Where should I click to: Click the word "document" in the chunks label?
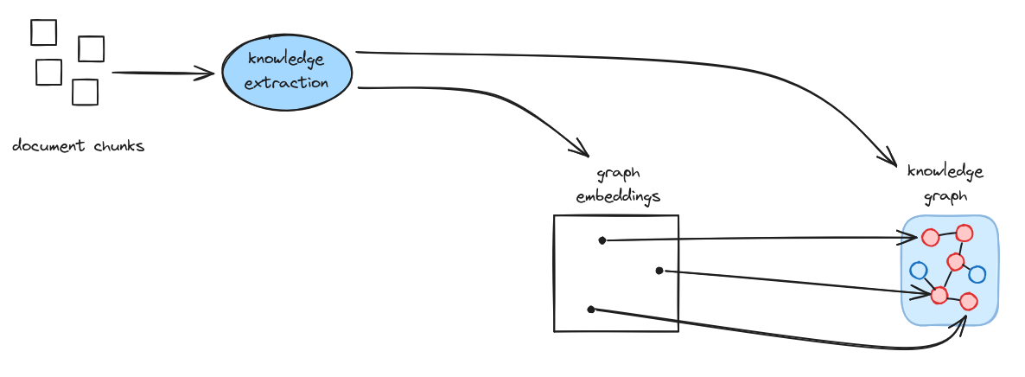pyautogui.click(x=48, y=146)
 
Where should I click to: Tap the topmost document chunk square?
pyautogui.click(x=43, y=33)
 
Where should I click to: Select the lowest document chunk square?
pyautogui.click(x=85, y=92)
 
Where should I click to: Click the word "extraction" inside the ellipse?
pyautogui.click(x=287, y=84)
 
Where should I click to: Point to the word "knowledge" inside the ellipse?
pyautogui.click(x=286, y=60)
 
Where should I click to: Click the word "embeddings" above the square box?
pyautogui.click(x=618, y=196)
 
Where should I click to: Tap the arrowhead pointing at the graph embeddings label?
pyautogui.click(x=579, y=149)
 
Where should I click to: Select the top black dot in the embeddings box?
pyautogui.click(x=602, y=240)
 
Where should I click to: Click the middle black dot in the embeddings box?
pyautogui.click(x=659, y=271)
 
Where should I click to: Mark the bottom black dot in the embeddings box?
pyautogui.click(x=590, y=309)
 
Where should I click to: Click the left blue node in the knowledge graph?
pyautogui.click(x=919, y=270)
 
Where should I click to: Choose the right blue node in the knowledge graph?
pyautogui.click(x=977, y=275)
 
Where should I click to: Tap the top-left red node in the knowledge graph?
pyautogui.click(x=930, y=238)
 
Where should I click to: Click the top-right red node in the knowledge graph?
pyautogui.click(x=965, y=233)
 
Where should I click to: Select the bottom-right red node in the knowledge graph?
pyautogui.click(x=968, y=302)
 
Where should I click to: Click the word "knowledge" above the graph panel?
pyautogui.click(x=945, y=171)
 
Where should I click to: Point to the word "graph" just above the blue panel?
pyautogui.click(x=945, y=196)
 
